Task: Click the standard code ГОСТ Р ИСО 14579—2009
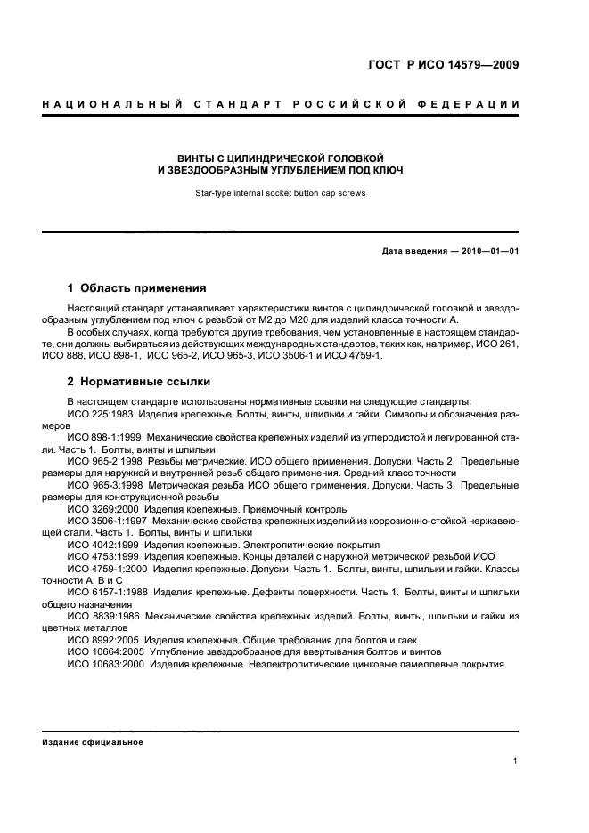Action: pyautogui.click(x=444, y=64)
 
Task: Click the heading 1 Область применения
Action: pyautogui.click(x=137, y=288)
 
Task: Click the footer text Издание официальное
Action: pyautogui.click(x=93, y=742)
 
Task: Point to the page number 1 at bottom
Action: pyautogui.click(x=516, y=761)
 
